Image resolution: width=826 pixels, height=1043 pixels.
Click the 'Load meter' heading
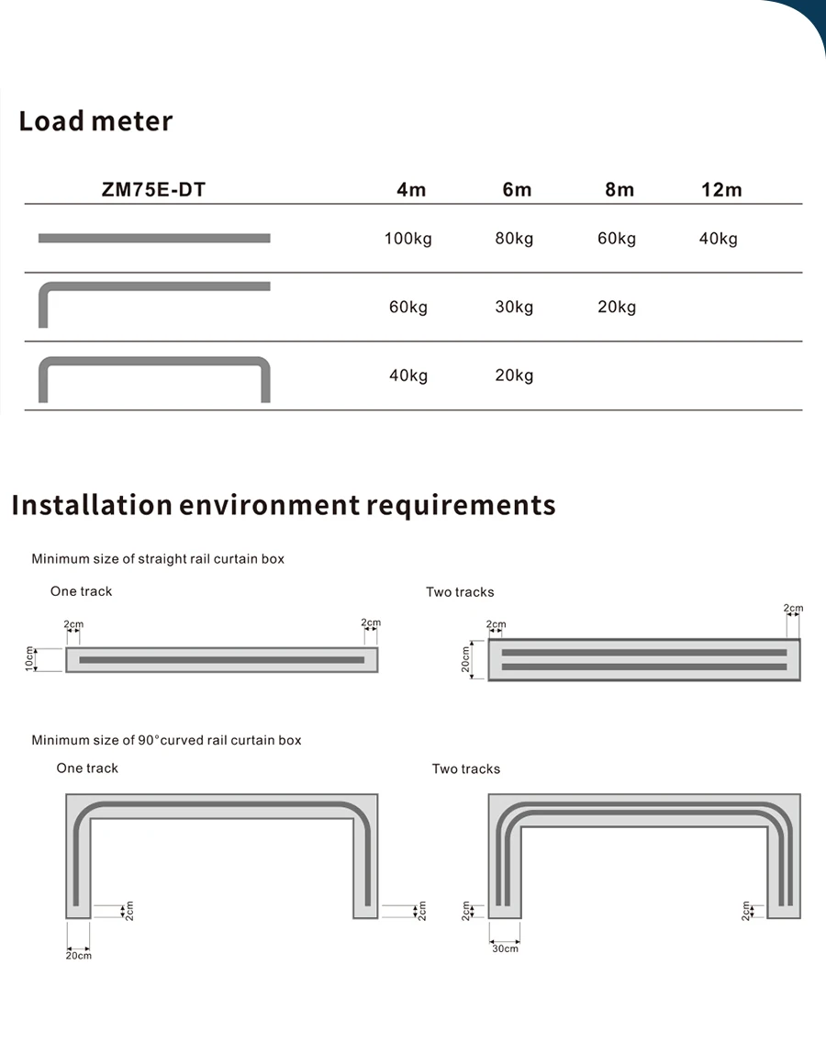pos(95,121)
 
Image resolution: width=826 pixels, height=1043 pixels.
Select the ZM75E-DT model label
pos(153,190)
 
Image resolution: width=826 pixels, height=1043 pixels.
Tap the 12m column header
pos(720,190)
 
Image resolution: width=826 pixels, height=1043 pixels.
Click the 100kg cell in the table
pos(407,239)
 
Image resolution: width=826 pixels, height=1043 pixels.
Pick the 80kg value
pos(514,239)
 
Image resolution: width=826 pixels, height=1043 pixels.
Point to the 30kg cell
pos(514,307)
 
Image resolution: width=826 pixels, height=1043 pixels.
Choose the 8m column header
pos(619,190)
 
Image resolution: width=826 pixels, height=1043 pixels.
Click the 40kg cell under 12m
pos(718,239)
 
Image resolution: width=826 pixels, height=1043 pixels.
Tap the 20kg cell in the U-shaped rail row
pos(514,375)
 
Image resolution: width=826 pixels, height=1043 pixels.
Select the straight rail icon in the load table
pos(154,239)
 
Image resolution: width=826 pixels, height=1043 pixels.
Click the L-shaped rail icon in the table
pos(154,303)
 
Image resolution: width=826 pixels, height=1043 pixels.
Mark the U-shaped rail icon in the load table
pos(154,376)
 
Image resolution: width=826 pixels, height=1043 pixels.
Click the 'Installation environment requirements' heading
pos(284,505)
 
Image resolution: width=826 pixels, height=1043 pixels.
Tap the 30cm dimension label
pos(505,948)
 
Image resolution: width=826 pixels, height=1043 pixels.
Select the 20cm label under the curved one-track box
pos(78,956)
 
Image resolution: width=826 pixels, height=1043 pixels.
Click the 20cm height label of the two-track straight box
pos(465,659)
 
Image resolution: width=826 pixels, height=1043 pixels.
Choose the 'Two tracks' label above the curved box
pos(466,768)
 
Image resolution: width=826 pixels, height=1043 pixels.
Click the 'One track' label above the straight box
pos(81,591)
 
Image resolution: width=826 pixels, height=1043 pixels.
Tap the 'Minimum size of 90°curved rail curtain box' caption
pos(166,740)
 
